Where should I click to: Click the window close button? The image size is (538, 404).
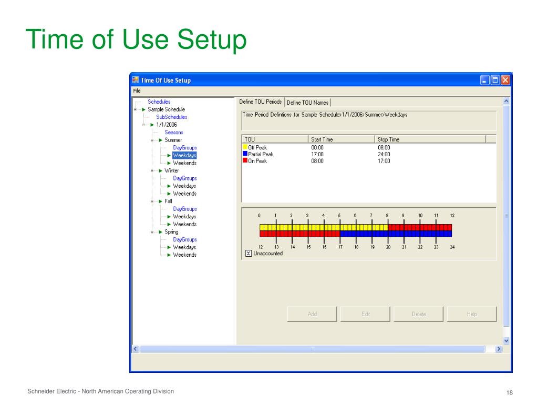pos(505,80)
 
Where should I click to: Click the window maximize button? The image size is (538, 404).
pos(495,80)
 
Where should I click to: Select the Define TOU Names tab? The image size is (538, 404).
pos(308,103)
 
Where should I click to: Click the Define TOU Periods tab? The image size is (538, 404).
pos(261,102)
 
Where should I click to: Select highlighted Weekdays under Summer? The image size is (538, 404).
pos(184,156)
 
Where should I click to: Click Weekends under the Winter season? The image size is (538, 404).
pos(184,194)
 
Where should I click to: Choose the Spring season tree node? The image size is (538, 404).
pos(171,232)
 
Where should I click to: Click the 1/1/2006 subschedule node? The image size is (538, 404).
pos(167,125)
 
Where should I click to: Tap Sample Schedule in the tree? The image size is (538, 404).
pos(166,109)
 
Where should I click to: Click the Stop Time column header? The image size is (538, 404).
pos(389,139)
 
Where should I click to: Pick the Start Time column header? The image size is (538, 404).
pos(322,139)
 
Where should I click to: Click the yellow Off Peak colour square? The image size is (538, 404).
pos(245,147)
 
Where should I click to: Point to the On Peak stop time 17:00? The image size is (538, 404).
pos(384,161)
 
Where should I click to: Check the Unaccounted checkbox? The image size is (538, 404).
pos(249,254)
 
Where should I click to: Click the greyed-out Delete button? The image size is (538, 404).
pos(418,314)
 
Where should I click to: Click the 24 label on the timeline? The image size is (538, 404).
pos(452,247)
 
